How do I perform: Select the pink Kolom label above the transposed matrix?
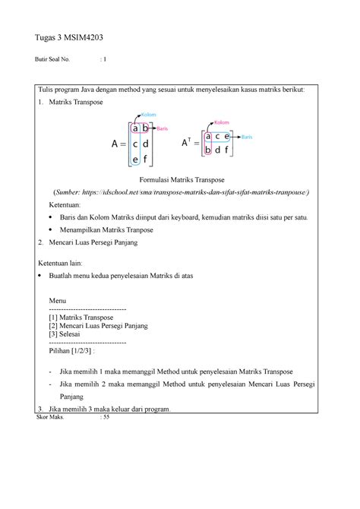[x=222, y=122]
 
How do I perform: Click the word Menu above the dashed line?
[x=57, y=300]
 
